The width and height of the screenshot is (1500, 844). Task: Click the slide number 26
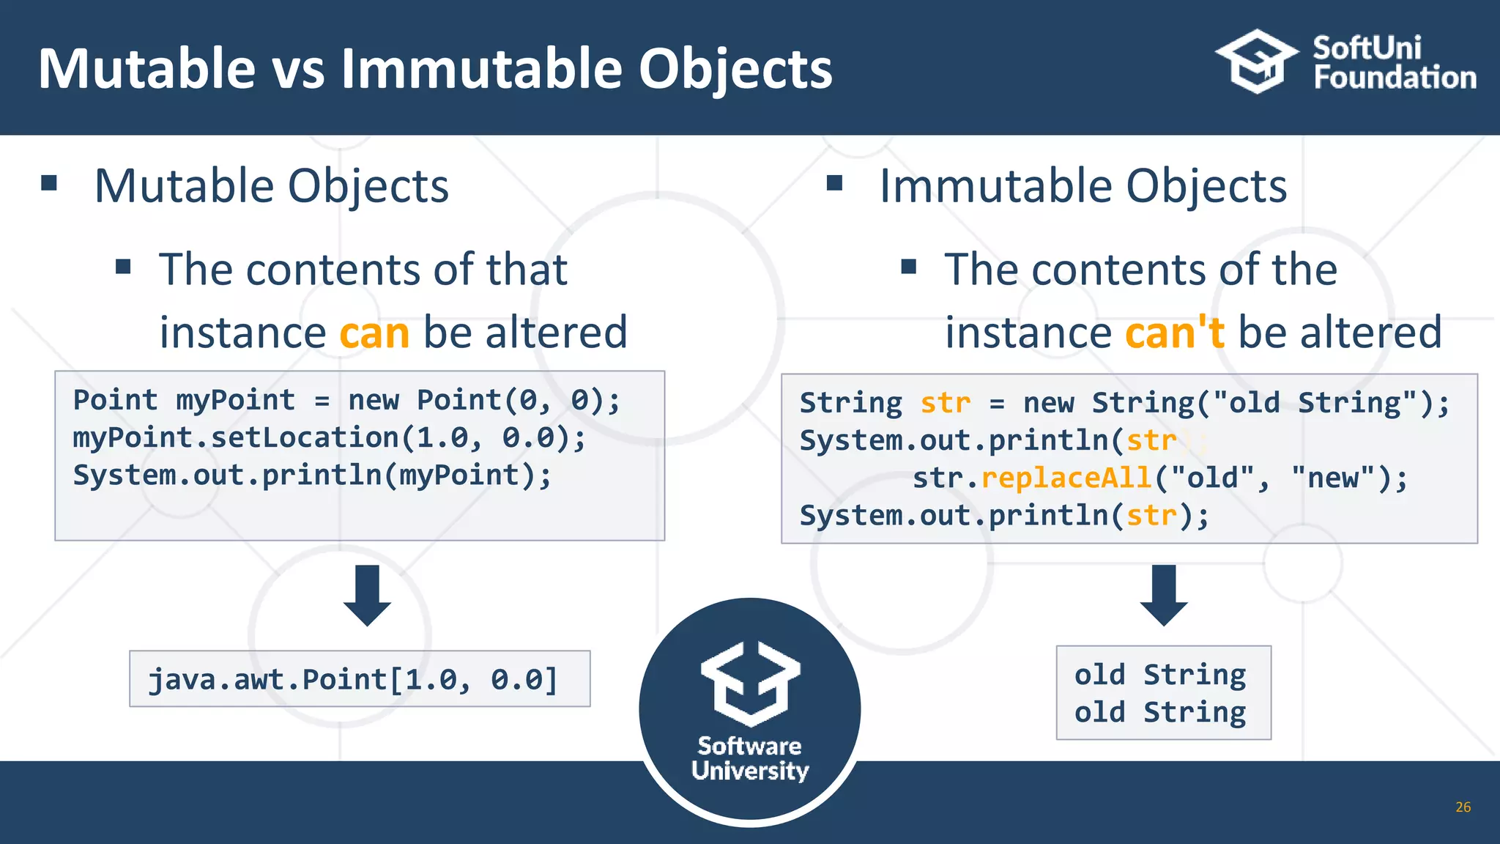pos(1463,807)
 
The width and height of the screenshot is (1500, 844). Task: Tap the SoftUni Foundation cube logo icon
pos(1256,62)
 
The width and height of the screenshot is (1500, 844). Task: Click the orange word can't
pos(1174,333)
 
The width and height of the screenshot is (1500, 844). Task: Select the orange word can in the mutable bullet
pos(374,333)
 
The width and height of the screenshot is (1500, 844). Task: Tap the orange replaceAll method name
pos(1066,478)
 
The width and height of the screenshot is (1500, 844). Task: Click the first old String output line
pos(1160,675)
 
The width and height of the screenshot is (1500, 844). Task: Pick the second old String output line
pos(1160,712)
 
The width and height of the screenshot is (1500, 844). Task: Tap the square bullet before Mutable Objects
pos(50,182)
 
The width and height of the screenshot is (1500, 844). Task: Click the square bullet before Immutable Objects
pos(834,182)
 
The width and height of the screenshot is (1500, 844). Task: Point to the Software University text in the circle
pos(749,758)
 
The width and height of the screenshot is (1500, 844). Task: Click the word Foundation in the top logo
pos(1395,78)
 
